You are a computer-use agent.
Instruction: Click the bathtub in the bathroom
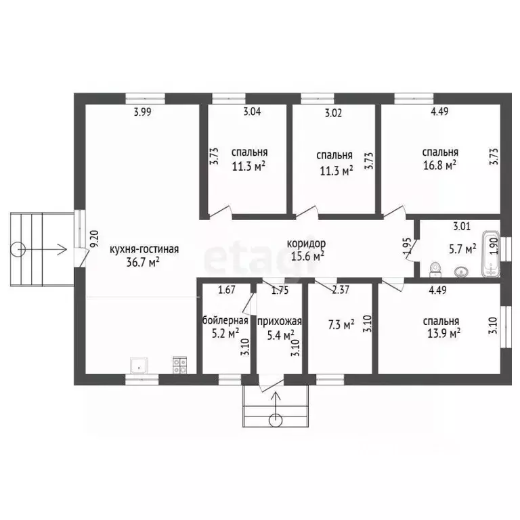coord(491,253)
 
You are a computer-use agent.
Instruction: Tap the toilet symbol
coord(435,269)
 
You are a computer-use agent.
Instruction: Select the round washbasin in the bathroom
coord(460,272)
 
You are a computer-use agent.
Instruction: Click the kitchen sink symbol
coord(139,366)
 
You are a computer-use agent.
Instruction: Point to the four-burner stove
coord(179,365)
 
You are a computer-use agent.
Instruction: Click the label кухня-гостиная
coord(144,249)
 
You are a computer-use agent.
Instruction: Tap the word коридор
coord(306,244)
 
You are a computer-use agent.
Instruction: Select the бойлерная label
coord(225,320)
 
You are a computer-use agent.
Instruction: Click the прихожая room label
coord(280,322)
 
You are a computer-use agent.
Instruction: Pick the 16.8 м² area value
coord(439,165)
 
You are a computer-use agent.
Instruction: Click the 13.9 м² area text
coord(443,333)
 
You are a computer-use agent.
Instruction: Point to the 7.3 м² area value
coord(341,324)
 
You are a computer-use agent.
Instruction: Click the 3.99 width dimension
coord(143,112)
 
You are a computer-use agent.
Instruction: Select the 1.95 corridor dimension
coord(408,246)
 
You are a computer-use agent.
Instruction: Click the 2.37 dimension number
coord(341,290)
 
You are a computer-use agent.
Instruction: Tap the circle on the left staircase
coord(18,249)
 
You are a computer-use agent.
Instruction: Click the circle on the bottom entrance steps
coord(276,420)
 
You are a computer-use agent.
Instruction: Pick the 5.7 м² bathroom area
coord(462,248)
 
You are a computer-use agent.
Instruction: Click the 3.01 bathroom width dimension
coord(462,226)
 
